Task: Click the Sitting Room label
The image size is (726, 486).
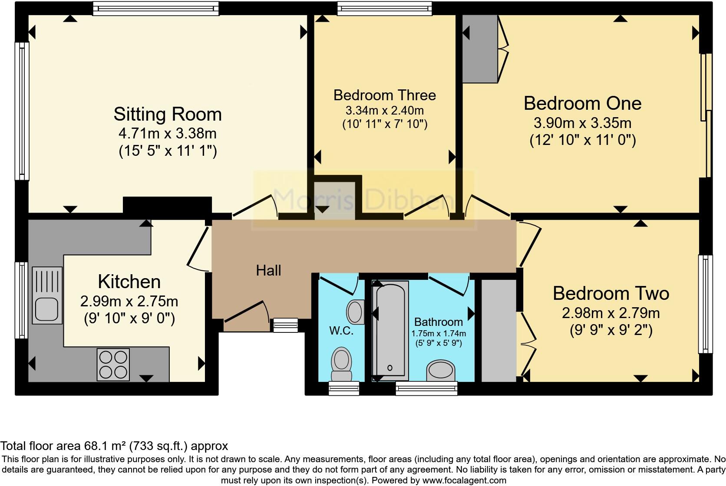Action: pos(168,115)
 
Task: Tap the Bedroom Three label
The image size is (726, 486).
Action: pos(385,95)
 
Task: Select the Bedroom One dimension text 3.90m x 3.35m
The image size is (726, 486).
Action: pos(582,123)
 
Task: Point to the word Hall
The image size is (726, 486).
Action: pos(268,270)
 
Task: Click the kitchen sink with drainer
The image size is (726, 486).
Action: pos(47,296)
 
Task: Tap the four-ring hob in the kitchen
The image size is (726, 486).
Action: pos(113,364)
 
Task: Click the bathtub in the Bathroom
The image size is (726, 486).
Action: pos(390,331)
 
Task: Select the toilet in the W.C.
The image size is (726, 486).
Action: pos(341,364)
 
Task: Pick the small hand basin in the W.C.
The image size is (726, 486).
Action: pos(356,312)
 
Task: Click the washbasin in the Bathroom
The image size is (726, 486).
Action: pos(441,370)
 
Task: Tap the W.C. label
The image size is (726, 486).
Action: pos(341,331)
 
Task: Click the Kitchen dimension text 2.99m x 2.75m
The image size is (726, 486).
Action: pos(129,302)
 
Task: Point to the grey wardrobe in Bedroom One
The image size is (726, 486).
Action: pos(480,49)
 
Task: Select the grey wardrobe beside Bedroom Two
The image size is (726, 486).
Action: pos(499,331)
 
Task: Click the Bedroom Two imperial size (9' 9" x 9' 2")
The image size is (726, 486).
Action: pos(611,330)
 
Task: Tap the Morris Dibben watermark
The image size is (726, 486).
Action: pos(363,200)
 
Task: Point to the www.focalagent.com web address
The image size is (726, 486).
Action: pos(465,480)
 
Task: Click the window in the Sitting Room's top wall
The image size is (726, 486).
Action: pos(156,8)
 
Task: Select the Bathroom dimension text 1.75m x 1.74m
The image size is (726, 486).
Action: pos(439,333)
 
